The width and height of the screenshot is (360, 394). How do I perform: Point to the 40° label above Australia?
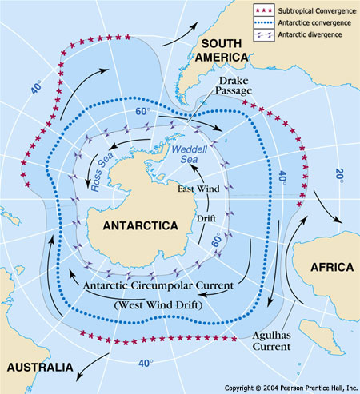tap(145, 364)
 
